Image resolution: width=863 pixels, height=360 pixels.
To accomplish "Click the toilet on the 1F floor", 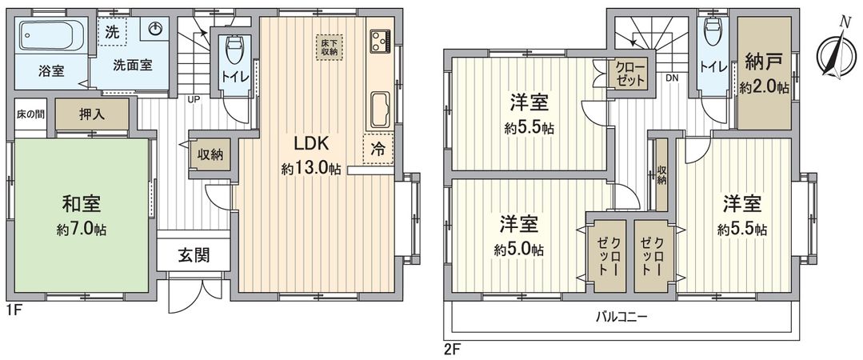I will click(234, 51).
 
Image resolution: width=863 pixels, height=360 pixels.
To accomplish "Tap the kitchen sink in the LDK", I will click(378, 108).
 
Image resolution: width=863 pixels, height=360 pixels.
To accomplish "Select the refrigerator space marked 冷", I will click(378, 148).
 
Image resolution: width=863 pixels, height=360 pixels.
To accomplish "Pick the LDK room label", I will click(310, 145).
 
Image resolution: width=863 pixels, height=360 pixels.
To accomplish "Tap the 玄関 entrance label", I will click(194, 256).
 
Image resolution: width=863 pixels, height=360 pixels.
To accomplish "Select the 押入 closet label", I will click(92, 114).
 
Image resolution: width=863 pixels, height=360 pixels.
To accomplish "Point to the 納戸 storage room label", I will click(763, 61).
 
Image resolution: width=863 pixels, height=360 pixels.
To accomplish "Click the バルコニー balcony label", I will click(621, 317).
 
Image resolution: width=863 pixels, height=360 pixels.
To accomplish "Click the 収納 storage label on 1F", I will click(212, 154).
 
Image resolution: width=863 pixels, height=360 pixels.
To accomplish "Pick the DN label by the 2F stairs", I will click(673, 78).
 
